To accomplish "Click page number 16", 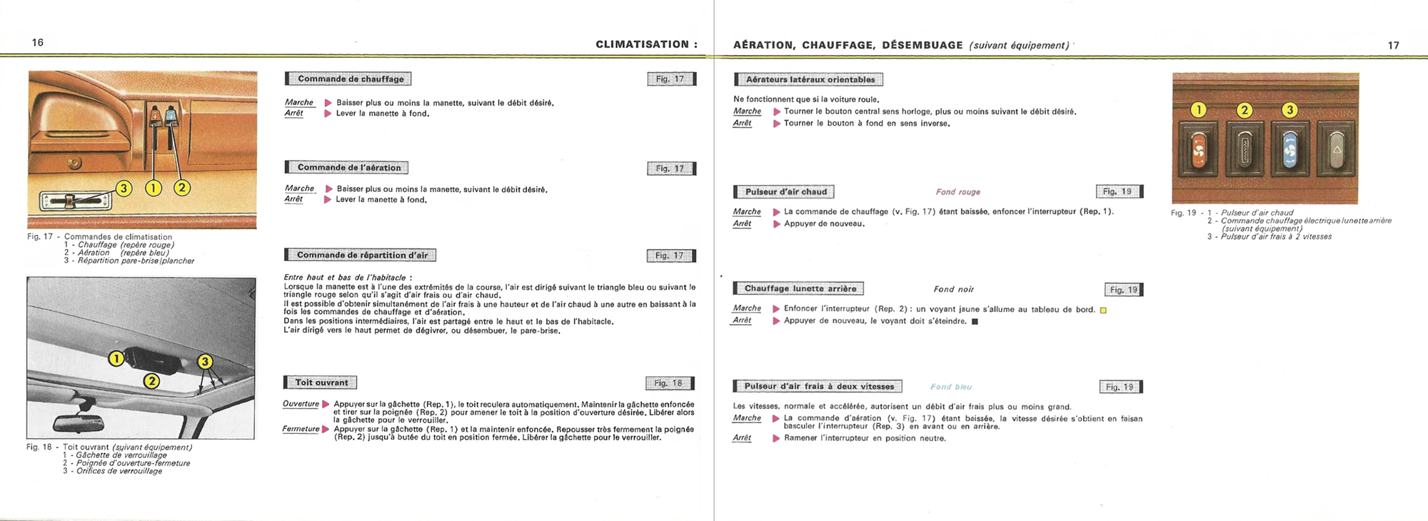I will tap(38, 43).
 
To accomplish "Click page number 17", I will tap(1393, 46).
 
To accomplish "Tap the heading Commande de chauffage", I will tap(350, 79).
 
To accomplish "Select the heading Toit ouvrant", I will tap(321, 383).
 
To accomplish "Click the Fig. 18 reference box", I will tap(669, 383).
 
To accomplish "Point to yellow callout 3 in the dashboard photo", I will tap(124, 188).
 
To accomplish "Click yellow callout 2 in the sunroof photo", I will tap(151, 381).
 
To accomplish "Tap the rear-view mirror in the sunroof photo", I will tap(79, 423).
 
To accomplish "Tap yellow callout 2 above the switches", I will tap(1245, 110).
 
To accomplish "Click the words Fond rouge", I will tap(957, 192).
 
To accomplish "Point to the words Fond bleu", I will tap(950, 387).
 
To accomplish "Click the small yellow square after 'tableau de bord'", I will tap(1103, 310).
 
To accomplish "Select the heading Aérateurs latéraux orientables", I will tap(810, 80).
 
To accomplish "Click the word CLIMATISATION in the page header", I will tap(643, 44).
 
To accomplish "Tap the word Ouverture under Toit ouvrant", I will tap(301, 404).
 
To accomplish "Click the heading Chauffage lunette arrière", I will tap(800, 289).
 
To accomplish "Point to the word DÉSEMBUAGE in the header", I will tap(922, 45).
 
